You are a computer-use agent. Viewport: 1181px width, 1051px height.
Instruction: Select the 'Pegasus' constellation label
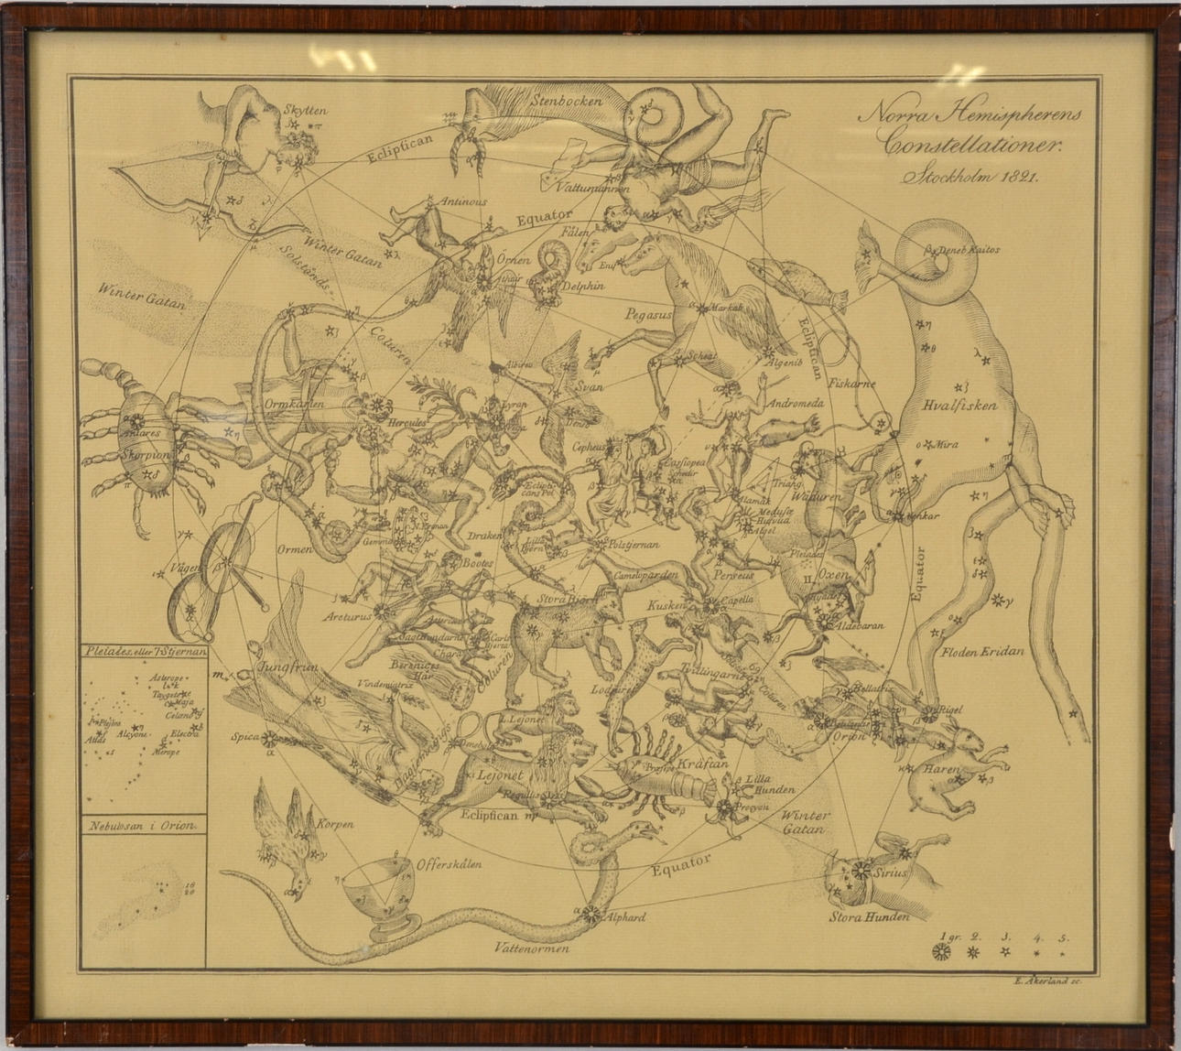[648, 315]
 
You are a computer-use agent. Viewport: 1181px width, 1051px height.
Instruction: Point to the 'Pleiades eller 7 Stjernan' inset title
[144, 653]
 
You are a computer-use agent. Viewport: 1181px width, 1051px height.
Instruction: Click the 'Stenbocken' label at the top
[567, 101]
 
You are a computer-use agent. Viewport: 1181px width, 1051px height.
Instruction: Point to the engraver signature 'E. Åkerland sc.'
[1048, 980]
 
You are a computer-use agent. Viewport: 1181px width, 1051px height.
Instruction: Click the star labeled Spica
[268, 738]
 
